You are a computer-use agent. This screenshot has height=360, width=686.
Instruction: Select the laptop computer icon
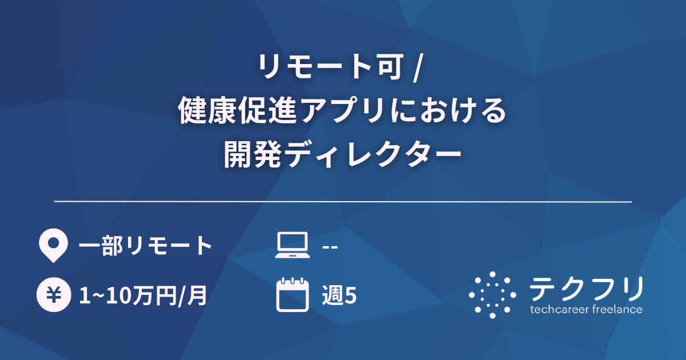[x=292, y=246]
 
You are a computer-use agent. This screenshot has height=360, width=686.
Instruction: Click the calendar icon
[x=292, y=295]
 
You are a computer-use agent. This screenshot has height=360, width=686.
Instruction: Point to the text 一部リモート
[x=145, y=246]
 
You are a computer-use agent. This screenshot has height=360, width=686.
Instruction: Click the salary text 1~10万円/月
[x=142, y=296]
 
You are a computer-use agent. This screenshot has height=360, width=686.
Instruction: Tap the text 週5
[x=340, y=296]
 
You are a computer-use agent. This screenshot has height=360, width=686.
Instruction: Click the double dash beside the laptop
[x=330, y=247]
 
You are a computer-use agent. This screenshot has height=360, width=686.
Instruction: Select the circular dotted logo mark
[x=492, y=295]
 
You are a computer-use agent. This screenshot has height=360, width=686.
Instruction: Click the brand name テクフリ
[x=587, y=289]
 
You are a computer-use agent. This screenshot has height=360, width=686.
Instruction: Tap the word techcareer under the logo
[x=558, y=310]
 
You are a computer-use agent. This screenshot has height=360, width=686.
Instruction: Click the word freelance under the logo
[x=616, y=310]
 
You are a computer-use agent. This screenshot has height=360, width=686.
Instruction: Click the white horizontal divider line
[x=343, y=202]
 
